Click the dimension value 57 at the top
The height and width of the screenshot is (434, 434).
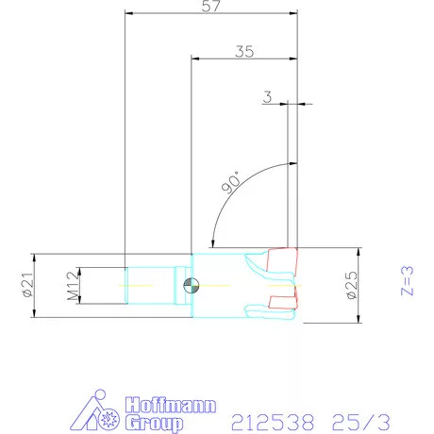[x=210, y=7]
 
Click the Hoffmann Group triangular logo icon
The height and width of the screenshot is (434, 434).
[x=99, y=413]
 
